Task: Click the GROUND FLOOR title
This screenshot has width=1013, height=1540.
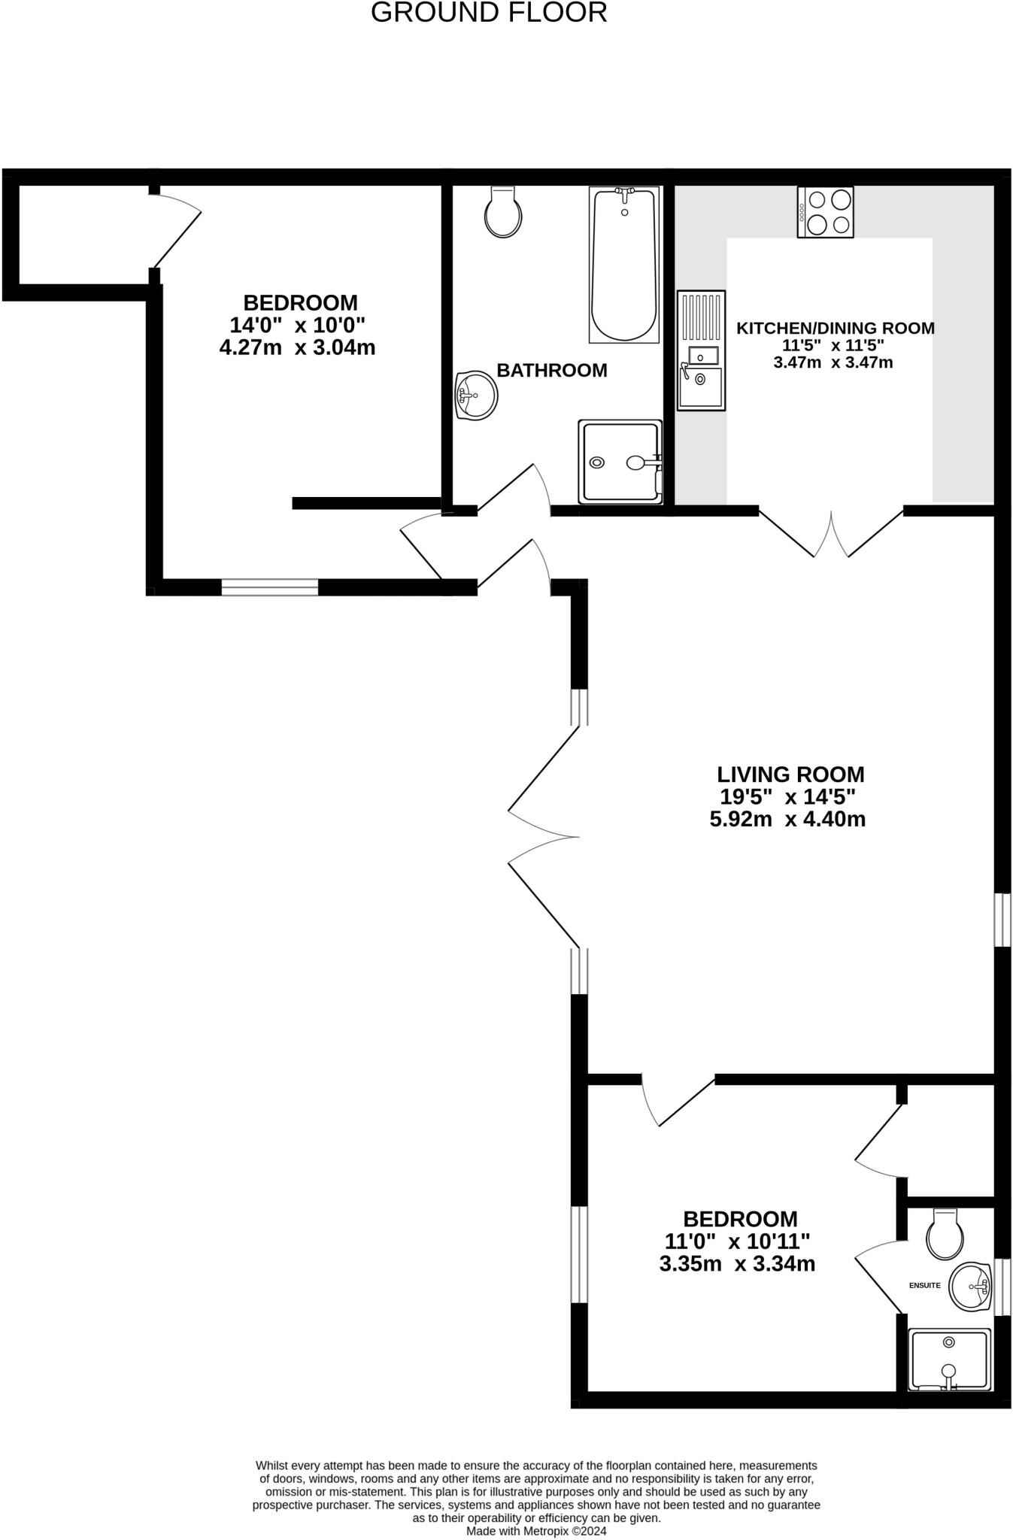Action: [489, 13]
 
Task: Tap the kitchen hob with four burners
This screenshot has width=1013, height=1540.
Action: [826, 212]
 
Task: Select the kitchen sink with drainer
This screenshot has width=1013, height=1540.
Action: [701, 350]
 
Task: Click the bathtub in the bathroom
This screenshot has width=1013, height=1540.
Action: [623, 265]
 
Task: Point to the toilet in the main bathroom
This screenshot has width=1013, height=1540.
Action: [503, 212]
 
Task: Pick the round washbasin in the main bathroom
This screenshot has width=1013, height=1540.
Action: [476, 394]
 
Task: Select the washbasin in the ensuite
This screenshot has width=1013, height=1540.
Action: [971, 1287]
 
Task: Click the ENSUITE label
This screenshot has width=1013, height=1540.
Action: [924, 1285]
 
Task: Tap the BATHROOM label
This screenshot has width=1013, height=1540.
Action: [552, 370]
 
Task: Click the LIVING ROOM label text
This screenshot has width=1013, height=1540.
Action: [790, 774]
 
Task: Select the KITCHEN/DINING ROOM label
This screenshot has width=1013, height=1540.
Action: [835, 328]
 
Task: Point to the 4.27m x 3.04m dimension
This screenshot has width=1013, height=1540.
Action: [297, 347]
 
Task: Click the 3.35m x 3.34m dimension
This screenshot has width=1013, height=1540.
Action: [737, 1264]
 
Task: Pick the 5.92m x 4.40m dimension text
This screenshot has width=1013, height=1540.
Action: [787, 819]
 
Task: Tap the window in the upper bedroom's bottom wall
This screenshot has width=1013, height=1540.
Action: [270, 587]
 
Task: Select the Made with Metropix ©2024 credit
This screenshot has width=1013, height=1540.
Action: [536, 1530]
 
